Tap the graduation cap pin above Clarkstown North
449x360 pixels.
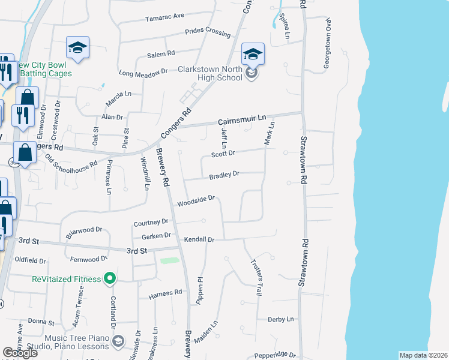(x=253, y=54)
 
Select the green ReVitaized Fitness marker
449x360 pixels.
(x=109, y=278)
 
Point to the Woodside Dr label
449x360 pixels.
(x=195, y=202)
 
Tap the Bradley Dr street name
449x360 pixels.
(x=224, y=175)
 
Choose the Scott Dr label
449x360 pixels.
(x=223, y=154)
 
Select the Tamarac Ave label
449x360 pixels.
(x=164, y=17)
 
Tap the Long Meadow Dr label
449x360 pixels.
(x=143, y=73)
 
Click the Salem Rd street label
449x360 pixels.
(x=160, y=55)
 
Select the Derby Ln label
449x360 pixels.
(x=282, y=319)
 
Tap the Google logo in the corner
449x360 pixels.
(x=20, y=352)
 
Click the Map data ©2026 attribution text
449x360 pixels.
(x=423, y=355)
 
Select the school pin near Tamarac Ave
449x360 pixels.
(x=77, y=47)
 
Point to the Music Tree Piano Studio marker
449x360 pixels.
(x=118, y=341)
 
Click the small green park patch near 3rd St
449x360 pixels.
(x=170, y=261)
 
